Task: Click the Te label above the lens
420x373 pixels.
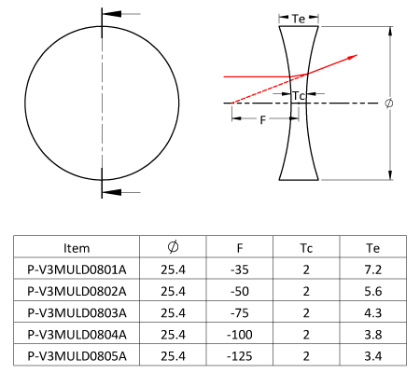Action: [x=299, y=19]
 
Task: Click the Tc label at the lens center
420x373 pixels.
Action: [x=298, y=95]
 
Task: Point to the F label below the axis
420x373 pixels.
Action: [x=263, y=120]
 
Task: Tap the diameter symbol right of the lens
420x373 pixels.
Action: [x=389, y=103]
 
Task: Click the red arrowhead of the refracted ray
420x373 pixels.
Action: [x=352, y=57]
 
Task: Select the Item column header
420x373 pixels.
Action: [x=77, y=248]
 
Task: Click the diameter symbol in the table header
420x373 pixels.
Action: [x=173, y=247]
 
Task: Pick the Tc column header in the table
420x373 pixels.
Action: [x=306, y=248]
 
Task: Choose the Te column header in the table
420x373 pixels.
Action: [x=372, y=248]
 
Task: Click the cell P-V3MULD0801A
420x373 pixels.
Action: [x=77, y=269]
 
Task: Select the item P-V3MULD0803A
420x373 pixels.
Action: [x=77, y=313]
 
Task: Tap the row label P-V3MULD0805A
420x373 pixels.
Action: [x=77, y=356]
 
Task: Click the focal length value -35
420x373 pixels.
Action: [x=240, y=269]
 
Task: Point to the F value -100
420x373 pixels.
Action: [x=240, y=335]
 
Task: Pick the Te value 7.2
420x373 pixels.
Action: [x=372, y=269]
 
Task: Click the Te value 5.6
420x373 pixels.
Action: [x=372, y=292]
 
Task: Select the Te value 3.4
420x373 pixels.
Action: [x=372, y=356]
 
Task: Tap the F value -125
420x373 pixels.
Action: [x=240, y=356]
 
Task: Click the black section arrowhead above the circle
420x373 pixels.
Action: [x=112, y=14]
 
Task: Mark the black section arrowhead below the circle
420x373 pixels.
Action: [x=112, y=192]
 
